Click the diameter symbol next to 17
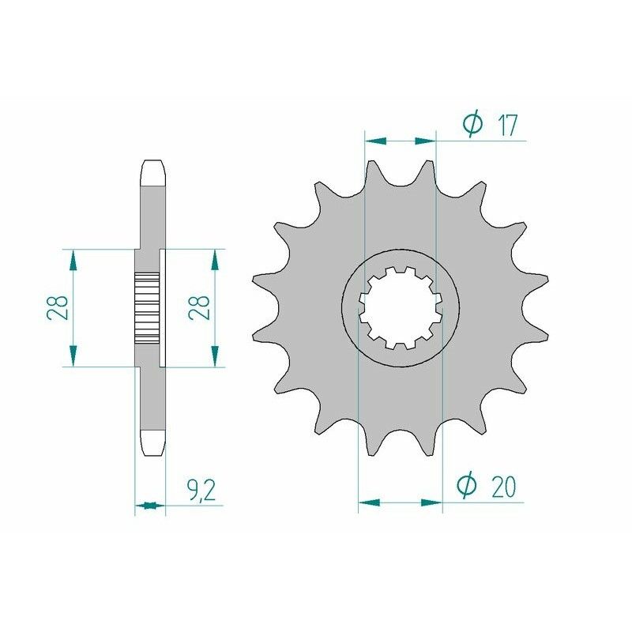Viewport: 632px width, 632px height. [472, 124]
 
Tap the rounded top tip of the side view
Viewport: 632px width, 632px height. [153, 168]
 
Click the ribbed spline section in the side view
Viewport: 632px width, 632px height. [148, 303]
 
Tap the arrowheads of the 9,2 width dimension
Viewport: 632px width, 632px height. [150, 506]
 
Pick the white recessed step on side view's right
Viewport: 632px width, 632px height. [164, 308]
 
